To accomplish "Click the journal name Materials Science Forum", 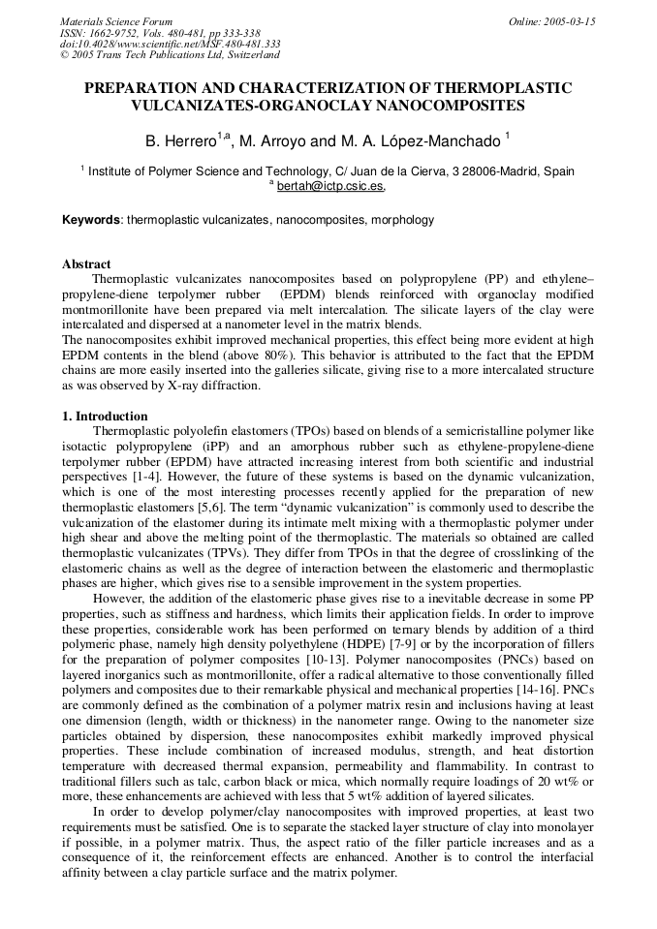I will pos(116,21).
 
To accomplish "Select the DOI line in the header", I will pos(171,44).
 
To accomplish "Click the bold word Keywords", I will pos(91,220).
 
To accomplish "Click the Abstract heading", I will pos(86,263).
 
